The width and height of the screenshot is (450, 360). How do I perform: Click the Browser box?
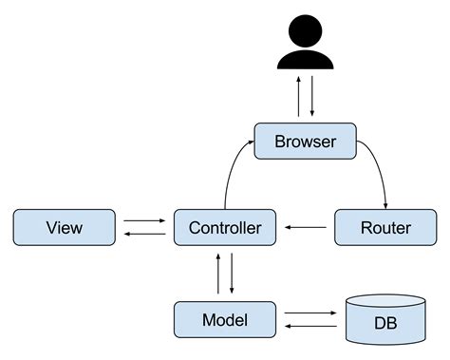coord(305,142)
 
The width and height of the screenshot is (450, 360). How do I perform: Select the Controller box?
coord(225,228)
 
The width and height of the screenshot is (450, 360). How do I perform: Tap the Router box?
coord(385,228)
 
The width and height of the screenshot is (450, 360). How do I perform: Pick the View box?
coord(64,228)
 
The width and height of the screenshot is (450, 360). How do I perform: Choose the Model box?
coord(225,319)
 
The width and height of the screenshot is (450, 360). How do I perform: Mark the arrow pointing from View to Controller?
coord(143,221)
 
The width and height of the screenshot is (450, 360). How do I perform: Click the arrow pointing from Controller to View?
coord(143,235)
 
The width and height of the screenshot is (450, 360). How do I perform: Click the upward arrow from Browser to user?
coord(299,97)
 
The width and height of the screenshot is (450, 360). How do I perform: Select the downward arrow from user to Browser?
coord(311,97)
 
